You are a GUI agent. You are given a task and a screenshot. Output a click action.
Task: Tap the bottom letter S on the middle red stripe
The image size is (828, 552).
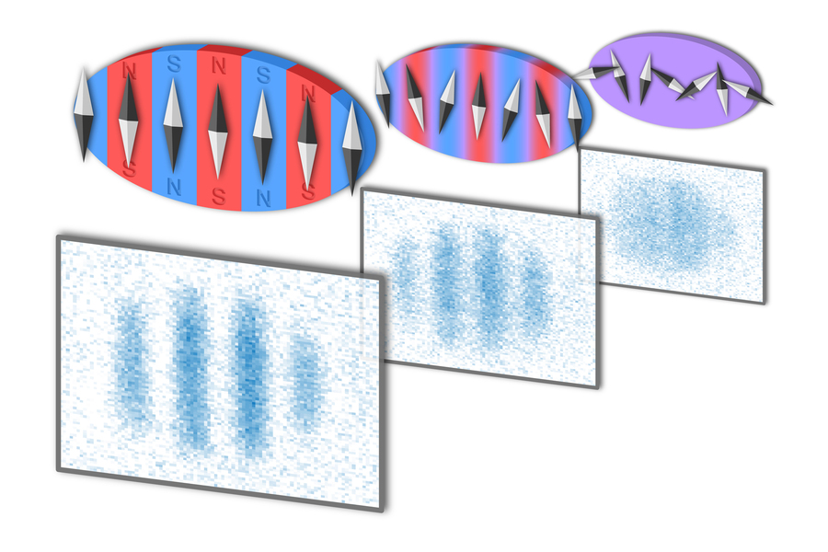(218, 195)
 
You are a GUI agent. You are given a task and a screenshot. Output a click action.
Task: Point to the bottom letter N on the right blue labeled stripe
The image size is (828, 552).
(262, 196)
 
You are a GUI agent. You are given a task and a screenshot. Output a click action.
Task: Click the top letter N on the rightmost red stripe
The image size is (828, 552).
(306, 93)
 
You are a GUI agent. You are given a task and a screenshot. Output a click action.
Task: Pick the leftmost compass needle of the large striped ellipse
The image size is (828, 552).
(83, 115)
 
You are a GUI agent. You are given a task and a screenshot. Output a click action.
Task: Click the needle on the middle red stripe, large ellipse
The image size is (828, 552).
(218, 128)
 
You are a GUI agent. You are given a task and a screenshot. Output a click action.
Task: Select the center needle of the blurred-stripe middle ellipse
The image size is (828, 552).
(478, 105)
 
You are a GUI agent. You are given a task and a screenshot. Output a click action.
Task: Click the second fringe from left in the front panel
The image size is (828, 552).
(190, 363)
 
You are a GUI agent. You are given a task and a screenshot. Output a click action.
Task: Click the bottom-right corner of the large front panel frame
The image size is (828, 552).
(381, 509)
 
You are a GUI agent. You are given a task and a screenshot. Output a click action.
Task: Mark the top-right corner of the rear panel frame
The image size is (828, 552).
(764, 171)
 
